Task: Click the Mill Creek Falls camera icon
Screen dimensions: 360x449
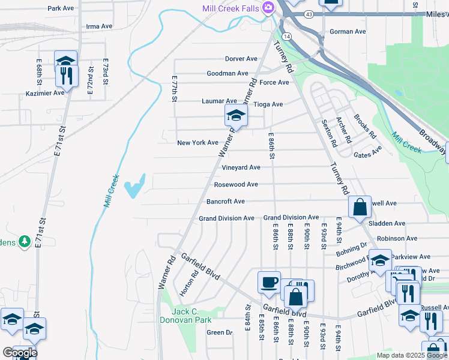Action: tap(268, 7)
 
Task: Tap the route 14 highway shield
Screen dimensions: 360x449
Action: tap(288, 37)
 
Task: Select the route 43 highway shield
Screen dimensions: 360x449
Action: tap(309, 13)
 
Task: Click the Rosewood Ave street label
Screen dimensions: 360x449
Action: tap(236, 184)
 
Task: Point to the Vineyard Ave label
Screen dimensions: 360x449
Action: tap(241, 167)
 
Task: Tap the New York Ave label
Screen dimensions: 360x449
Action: tap(197, 143)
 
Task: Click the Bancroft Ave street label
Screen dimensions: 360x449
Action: tap(225, 202)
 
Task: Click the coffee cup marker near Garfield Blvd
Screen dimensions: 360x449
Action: tap(268, 281)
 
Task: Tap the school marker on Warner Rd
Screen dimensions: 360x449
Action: tap(236, 116)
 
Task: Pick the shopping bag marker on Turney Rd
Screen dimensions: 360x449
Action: tap(359, 208)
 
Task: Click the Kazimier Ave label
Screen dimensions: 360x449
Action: tap(45, 93)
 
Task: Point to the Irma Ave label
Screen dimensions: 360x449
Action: tap(99, 26)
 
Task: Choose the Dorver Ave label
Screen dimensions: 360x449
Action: tap(241, 59)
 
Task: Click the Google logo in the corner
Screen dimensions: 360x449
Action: tap(19, 353)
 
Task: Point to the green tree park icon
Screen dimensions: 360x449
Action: tap(25, 241)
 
